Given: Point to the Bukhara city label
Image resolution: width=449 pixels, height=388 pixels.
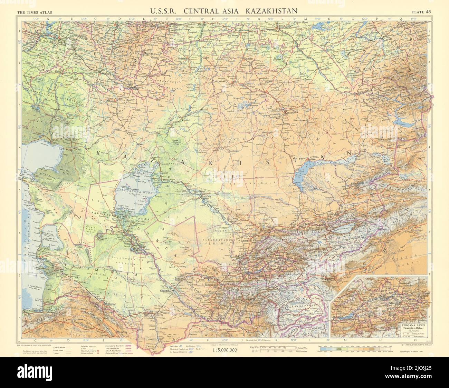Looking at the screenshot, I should click(x=189, y=276).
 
